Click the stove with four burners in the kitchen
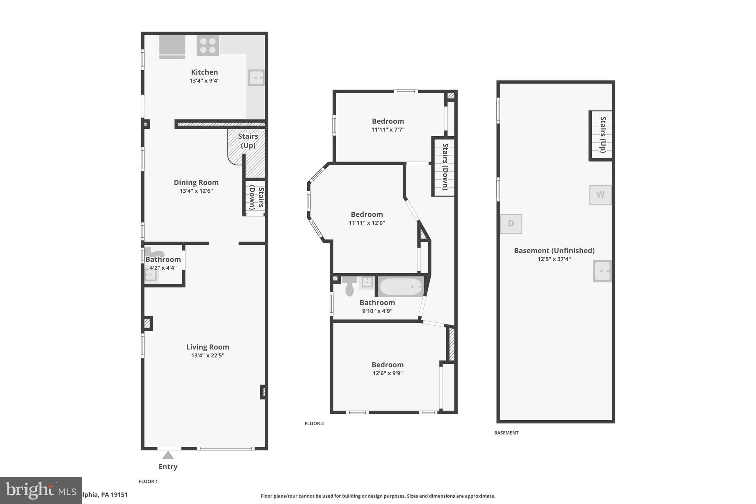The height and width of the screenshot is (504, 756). [x=207, y=45]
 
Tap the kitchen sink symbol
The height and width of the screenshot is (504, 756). [x=256, y=78]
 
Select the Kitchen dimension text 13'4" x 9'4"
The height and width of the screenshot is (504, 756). [x=205, y=80]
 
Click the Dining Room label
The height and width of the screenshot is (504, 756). [x=196, y=182]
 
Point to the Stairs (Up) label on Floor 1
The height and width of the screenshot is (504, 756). [x=248, y=141]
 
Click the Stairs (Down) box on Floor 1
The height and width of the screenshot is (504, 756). [x=255, y=198]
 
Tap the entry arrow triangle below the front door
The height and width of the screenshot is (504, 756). [x=168, y=455]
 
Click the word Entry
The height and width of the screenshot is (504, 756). [x=168, y=467]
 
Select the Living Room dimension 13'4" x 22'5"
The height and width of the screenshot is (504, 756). [x=207, y=356]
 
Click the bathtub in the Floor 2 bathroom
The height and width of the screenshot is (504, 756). [x=401, y=287]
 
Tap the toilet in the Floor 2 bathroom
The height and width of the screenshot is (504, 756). [x=349, y=286]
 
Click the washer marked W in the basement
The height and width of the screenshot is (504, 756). [x=600, y=195]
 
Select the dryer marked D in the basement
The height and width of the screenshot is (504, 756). [x=511, y=223]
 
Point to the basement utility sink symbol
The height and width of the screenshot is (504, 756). [x=602, y=271]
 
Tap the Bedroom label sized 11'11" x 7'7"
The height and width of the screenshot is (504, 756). [x=388, y=121]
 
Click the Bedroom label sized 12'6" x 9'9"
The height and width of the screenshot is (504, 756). [x=387, y=365]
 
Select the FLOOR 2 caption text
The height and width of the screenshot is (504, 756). [x=314, y=424]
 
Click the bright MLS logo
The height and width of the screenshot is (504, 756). [x=41, y=490]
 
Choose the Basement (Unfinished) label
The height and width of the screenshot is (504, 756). [x=554, y=251]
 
